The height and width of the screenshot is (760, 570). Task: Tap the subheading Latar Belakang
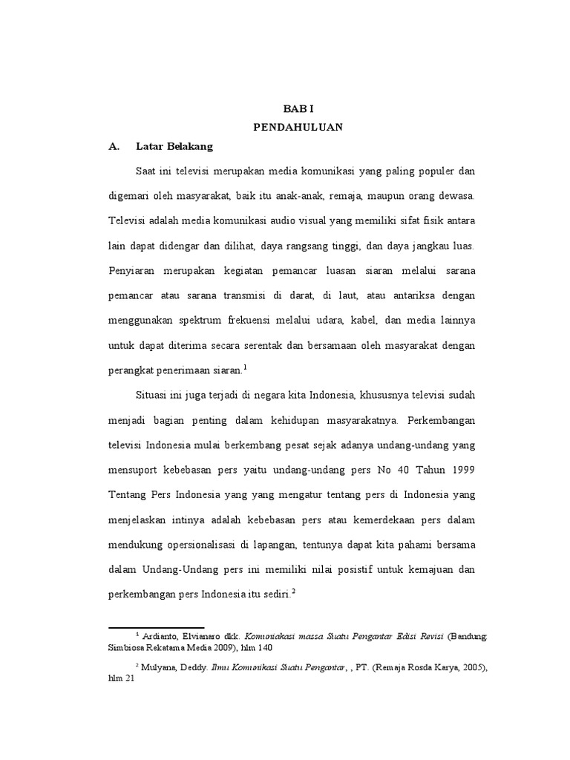(174, 147)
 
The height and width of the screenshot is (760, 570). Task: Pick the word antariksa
(399, 295)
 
